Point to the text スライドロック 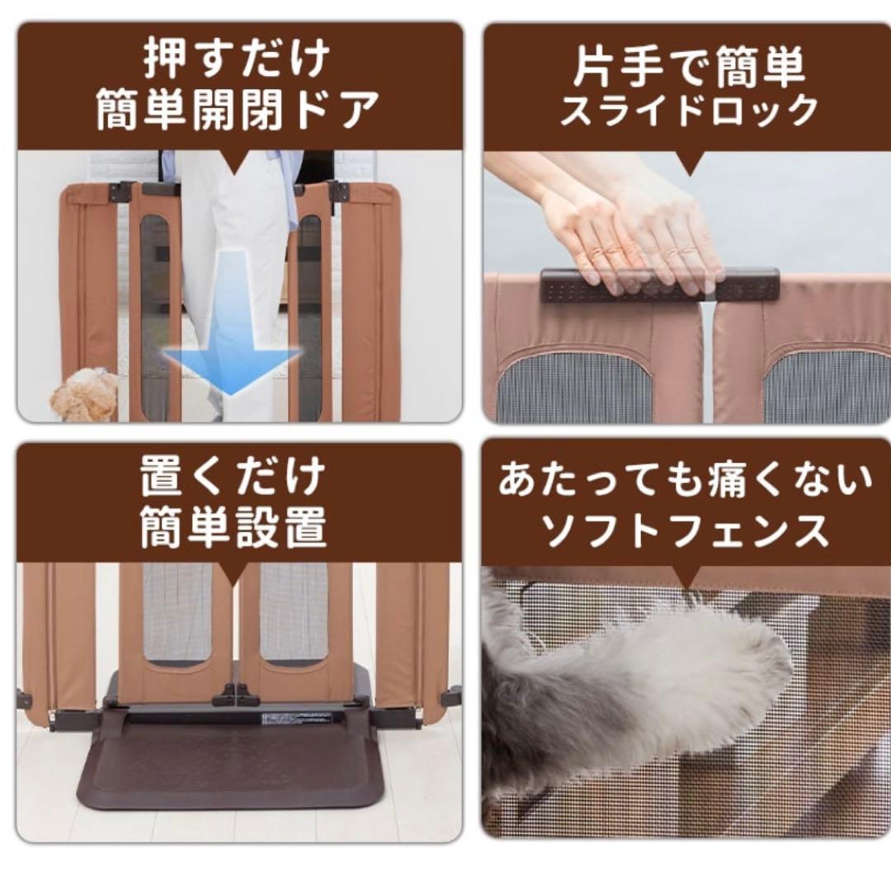tap(688, 111)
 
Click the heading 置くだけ tap(233, 477)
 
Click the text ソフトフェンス tap(686, 530)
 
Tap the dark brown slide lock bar tap(660, 285)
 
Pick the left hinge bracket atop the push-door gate tap(122, 191)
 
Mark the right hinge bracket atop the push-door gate tap(338, 191)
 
